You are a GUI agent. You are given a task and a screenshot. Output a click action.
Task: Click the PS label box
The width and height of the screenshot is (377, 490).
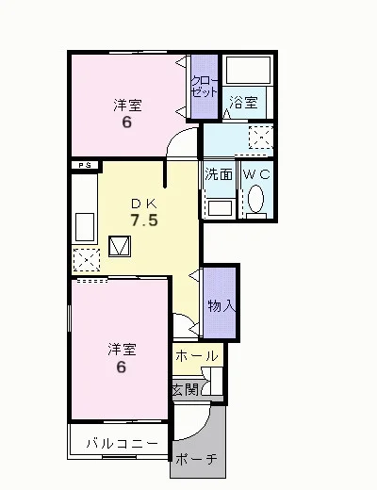point(85,166)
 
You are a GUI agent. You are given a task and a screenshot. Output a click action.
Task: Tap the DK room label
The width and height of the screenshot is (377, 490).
point(144,204)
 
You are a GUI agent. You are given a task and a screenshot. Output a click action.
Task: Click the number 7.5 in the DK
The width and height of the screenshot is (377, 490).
point(144,220)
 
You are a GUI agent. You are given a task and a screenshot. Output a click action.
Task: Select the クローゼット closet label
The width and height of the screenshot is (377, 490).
point(205,87)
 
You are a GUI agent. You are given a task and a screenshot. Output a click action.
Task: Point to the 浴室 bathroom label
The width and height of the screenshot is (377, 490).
point(243,103)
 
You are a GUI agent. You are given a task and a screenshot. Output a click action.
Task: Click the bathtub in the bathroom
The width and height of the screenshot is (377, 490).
point(248,66)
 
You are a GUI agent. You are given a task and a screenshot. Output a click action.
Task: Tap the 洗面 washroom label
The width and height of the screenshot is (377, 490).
point(219,174)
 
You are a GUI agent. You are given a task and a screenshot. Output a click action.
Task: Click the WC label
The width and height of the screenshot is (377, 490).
point(256,174)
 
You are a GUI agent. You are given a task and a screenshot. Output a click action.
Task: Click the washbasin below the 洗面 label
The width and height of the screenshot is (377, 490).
point(220,208)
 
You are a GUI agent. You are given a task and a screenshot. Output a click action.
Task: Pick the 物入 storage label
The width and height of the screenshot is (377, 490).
point(221,305)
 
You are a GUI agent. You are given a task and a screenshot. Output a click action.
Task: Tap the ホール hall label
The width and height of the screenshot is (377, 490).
point(197,356)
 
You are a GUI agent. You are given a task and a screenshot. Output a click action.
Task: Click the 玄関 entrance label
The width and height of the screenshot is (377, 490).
point(186,390)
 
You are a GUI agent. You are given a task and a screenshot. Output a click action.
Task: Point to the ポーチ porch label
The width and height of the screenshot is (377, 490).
point(197,459)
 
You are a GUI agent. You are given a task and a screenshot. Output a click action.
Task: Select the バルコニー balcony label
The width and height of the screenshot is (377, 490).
point(122,444)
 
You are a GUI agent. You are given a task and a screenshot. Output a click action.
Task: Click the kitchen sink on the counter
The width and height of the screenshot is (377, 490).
point(85,227)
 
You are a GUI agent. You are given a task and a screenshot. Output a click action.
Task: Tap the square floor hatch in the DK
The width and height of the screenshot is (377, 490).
point(120,246)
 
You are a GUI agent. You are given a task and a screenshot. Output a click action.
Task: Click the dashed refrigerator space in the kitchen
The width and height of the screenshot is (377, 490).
point(87,260)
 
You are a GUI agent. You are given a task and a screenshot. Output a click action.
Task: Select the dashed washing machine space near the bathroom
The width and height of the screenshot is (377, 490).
point(260,138)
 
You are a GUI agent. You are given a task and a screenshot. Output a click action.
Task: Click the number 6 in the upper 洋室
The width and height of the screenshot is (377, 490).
point(126,122)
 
